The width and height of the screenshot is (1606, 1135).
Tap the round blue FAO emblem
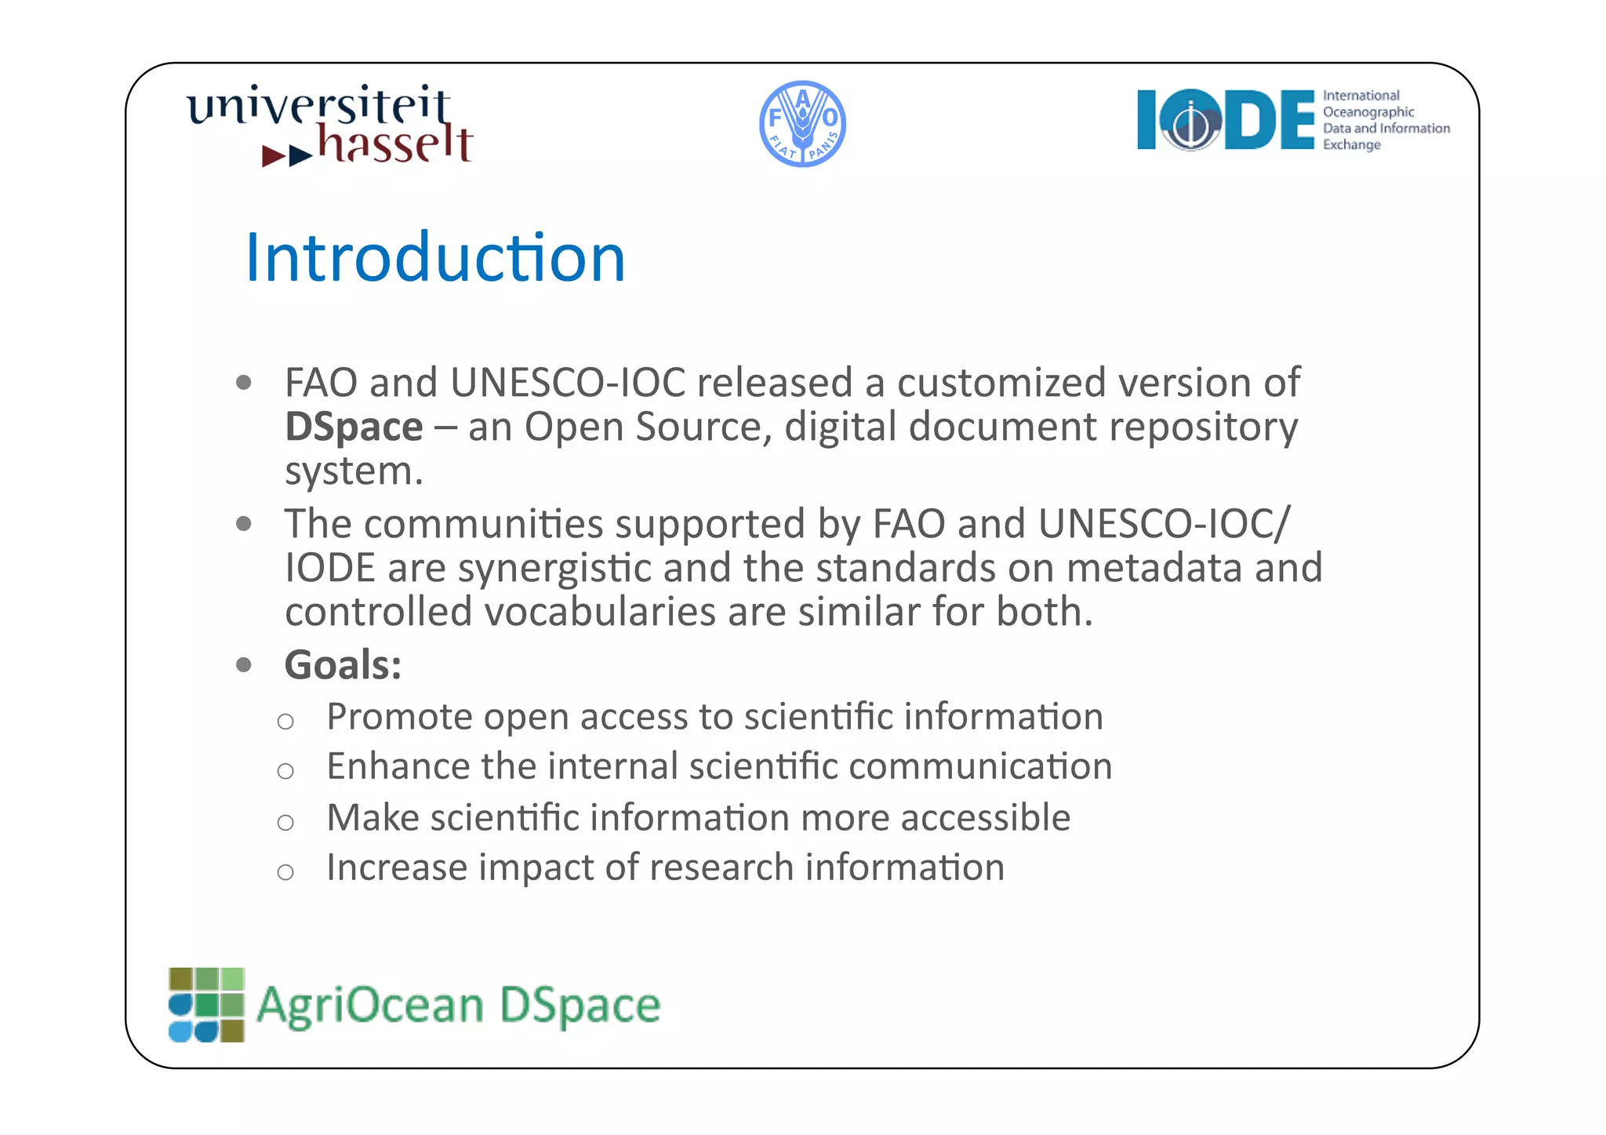tap(802, 124)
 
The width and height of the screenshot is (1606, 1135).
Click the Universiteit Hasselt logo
tap(329, 126)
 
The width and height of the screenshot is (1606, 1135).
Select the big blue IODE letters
tap(1226, 120)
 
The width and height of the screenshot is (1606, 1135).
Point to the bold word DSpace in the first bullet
tap(354, 427)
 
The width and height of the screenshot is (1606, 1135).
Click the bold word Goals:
tap(343, 665)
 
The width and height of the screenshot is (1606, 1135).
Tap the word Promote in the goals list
tap(399, 717)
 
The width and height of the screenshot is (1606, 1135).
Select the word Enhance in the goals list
tap(398, 766)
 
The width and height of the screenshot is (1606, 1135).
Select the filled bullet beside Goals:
tap(244, 665)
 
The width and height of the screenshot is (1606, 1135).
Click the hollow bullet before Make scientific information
tap(285, 822)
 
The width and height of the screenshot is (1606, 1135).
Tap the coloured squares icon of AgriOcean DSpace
tap(206, 1005)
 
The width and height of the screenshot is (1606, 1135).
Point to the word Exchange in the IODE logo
tap(1351, 145)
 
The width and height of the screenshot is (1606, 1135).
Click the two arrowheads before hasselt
tap(287, 155)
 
